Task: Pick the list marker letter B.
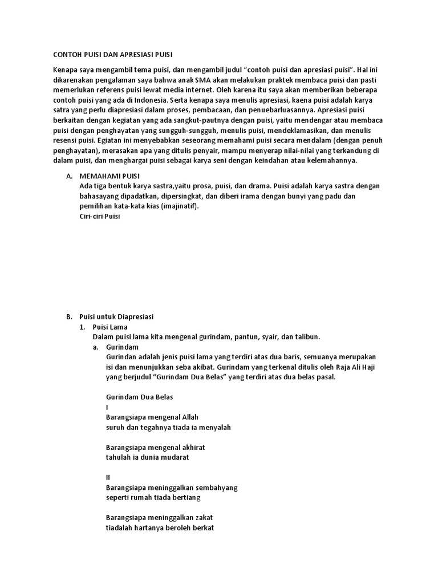69,316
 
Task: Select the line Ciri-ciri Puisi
100,216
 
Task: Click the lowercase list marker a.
95,346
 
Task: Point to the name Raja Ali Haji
348,366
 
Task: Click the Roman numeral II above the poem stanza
108,477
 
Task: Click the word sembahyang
216,488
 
